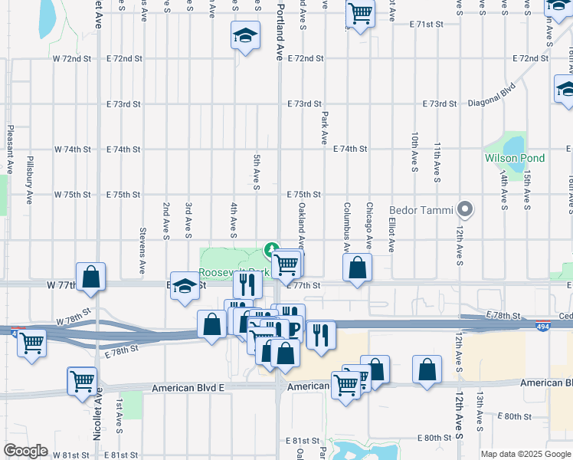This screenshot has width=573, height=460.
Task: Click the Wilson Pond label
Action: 514,159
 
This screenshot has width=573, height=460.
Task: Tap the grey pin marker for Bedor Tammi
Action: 464,209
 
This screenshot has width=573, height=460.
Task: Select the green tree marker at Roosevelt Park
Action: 270,250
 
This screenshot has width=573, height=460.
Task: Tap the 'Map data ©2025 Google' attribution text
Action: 525,454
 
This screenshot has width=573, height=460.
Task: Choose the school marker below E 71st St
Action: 245,35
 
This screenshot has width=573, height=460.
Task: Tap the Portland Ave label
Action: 280,31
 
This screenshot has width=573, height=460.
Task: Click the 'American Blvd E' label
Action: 188,389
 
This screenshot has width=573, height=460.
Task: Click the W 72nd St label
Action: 72,58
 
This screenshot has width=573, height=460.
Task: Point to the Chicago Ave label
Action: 368,226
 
